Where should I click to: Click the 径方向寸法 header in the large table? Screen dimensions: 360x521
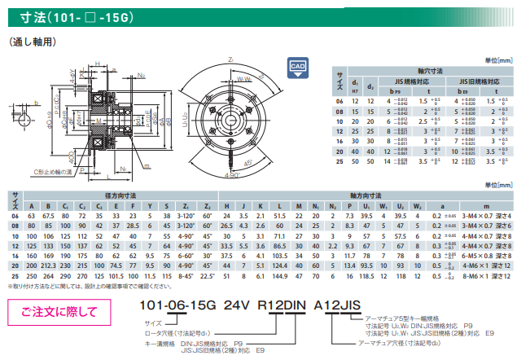120,195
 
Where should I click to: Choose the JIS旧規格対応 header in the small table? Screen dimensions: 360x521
475,81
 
